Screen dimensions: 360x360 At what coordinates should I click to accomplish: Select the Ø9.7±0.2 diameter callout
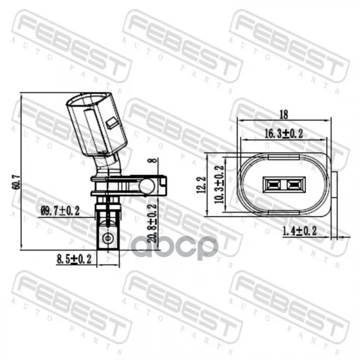(x=60, y=211)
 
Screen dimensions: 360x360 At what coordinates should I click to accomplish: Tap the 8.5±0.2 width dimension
(x=74, y=259)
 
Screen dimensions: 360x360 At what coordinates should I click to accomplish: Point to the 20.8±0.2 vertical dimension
(x=152, y=223)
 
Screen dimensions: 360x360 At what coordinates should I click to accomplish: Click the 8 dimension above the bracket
(x=154, y=160)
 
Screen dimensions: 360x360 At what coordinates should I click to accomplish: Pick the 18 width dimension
(x=284, y=115)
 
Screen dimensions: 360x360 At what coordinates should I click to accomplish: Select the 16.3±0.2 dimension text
(x=284, y=134)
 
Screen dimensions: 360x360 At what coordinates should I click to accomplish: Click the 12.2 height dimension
(x=201, y=185)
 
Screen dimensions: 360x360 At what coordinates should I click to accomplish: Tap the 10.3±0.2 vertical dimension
(x=219, y=185)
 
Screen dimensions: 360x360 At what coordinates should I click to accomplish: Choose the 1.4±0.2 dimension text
(x=299, y=231)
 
